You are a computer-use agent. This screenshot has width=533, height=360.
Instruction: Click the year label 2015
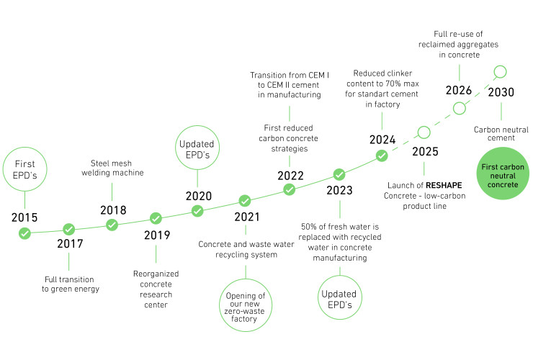(x=24, y=217)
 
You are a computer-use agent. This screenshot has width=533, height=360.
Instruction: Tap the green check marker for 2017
(x=68, y=230)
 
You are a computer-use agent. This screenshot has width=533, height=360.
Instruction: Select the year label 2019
(x=157, y=235)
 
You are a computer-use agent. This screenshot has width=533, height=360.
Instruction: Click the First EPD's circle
(x=24, y=169)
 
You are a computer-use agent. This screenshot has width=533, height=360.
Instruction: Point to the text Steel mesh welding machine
(x=112, y=168)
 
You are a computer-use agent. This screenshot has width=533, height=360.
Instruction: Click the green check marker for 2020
(x=197, y=211)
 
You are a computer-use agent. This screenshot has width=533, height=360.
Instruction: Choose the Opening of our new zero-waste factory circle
(x=246, y=305)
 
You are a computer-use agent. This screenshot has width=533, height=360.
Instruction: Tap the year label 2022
(x=291, y=176)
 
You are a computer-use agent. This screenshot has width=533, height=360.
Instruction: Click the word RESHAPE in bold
(x=444, y=185)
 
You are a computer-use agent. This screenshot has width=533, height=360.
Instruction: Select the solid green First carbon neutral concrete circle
(x=503, y=174)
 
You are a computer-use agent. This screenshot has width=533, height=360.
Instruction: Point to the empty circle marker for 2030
(x=500, y=72)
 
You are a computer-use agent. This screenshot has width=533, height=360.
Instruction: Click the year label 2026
(x=459, y=91)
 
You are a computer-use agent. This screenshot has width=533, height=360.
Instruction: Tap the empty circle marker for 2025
(x=424, y=132)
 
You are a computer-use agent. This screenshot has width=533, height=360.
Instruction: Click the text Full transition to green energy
(x=71, y=284)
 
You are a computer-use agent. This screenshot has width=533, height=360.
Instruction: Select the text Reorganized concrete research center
(x=156, y=289)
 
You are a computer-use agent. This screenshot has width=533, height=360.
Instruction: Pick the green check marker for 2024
(x=382, y=156)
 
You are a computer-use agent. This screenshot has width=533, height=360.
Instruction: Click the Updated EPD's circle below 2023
(x=340, y=298)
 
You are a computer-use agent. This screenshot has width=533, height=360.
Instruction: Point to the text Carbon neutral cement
(x=501, y=134)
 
